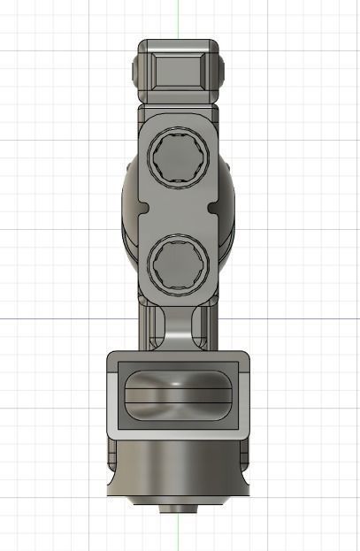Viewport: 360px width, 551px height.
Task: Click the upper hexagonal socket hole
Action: [180, 160]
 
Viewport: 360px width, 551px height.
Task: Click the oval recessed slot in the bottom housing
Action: [179, 394]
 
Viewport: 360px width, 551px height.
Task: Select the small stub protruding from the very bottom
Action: [179, 509]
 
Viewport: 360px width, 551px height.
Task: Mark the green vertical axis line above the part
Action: [178, 18]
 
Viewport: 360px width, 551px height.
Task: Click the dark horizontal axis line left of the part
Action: [53, 318]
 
